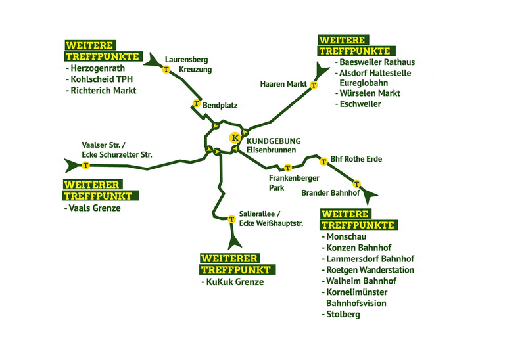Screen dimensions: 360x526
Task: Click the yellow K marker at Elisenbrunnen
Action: point(233,138)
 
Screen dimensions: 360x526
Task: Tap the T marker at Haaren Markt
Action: point(314,85)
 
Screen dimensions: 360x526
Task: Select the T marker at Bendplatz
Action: point(196,103)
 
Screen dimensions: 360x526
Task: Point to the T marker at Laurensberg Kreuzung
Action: point(166,68)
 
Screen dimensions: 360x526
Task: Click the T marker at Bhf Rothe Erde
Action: point(323,161)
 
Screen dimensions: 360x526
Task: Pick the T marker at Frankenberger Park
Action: point(287,168)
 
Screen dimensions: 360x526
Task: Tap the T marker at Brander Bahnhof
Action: point(356,183)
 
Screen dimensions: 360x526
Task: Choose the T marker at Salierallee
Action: point(231,219)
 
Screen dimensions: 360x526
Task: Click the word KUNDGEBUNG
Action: point(274,141)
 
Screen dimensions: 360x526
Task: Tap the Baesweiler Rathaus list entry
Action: point(375,62)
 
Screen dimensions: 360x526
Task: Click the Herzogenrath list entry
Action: point(102,68)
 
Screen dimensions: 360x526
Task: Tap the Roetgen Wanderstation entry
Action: point(370,270)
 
